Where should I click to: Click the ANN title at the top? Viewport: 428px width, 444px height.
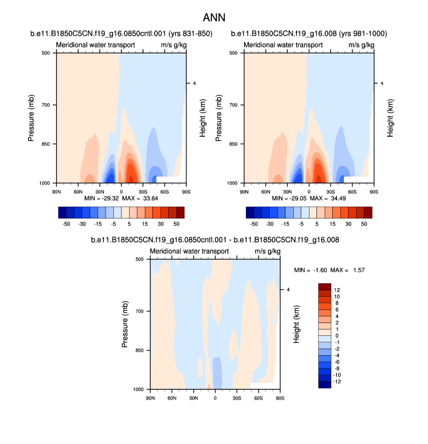coord(214,18)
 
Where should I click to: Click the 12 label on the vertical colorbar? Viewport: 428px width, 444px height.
coord(337,290)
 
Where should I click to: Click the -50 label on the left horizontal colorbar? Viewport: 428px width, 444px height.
coord(66,224)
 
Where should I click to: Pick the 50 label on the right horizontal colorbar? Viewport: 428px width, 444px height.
coord(364,224)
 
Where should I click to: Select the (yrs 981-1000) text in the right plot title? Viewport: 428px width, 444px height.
coord(358,33)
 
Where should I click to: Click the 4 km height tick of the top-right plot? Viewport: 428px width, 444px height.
coord(382,84)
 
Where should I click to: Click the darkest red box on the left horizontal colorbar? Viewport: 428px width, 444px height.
coord(180,211)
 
